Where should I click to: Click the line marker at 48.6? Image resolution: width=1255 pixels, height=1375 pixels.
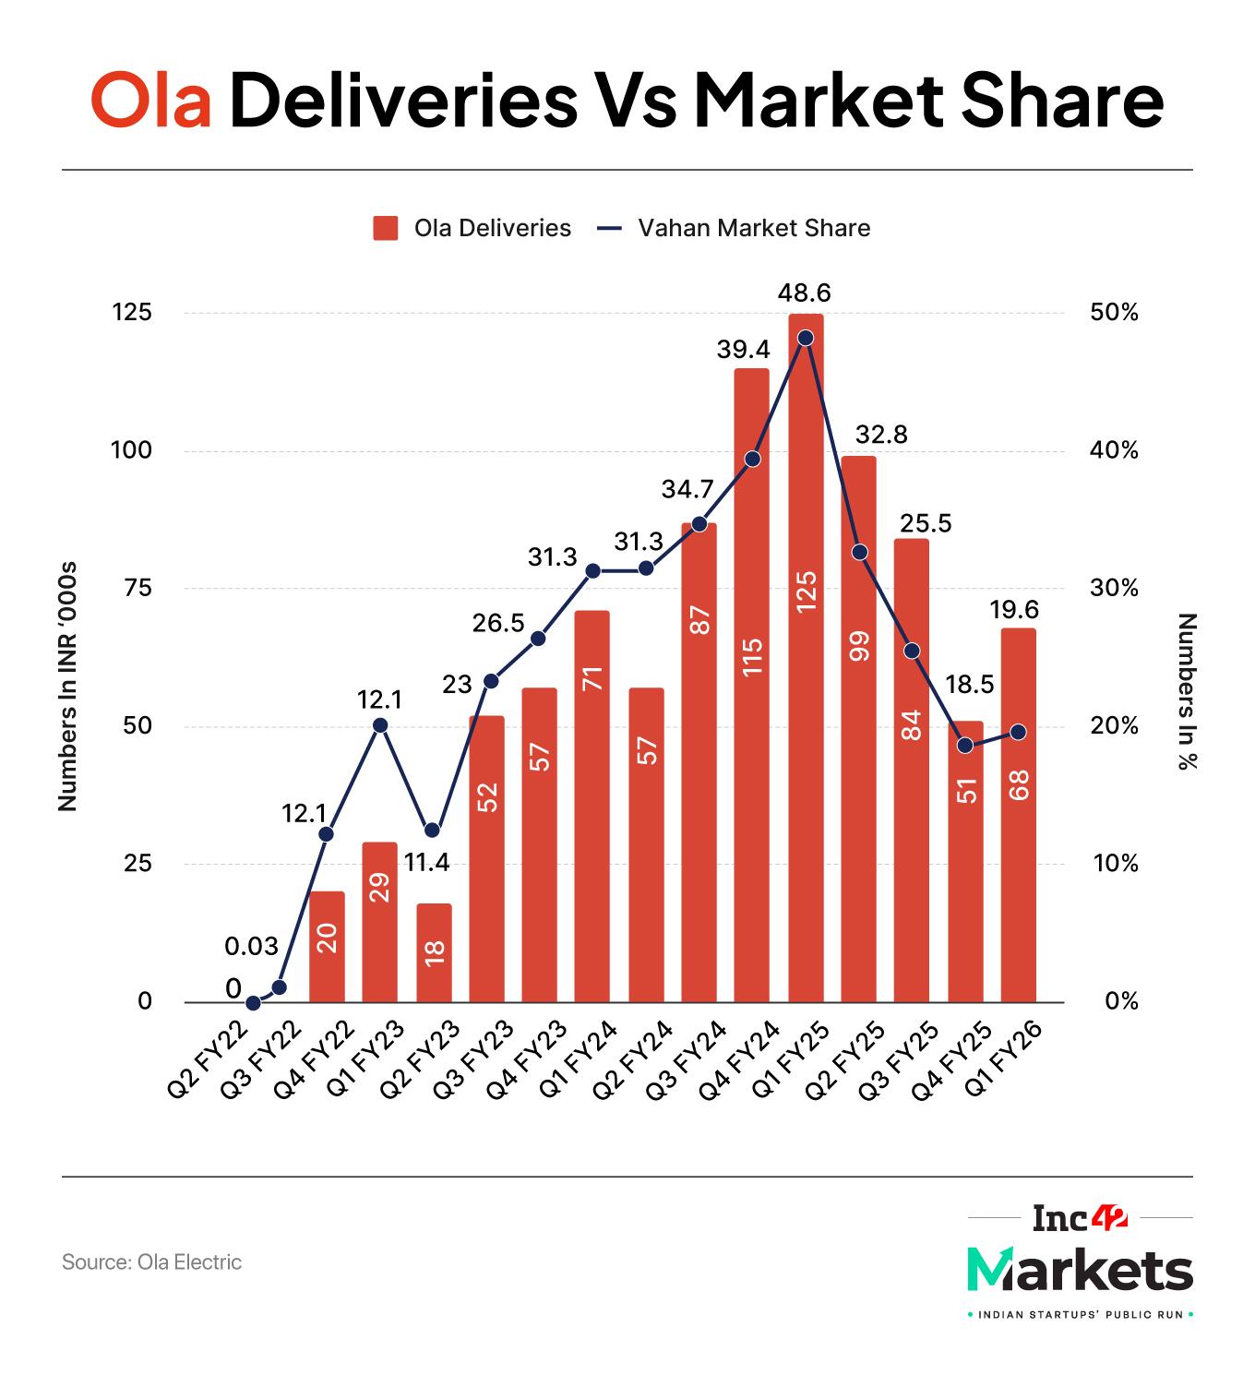point(806,338)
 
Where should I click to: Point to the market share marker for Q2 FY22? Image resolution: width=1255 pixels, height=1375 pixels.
point(254,1002)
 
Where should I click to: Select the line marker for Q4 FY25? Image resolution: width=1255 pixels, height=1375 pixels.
point(965,746)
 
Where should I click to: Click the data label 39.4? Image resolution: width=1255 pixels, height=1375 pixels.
point(743,350)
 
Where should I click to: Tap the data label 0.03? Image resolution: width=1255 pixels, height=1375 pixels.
point(251,946)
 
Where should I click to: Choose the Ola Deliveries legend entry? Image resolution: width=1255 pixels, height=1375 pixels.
point(472,228)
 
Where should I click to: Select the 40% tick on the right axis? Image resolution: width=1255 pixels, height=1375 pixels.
point(1115,450)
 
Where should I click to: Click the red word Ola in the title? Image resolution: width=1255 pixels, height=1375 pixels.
point(151,103)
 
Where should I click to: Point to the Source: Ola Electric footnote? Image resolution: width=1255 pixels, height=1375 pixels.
point(151,1261)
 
